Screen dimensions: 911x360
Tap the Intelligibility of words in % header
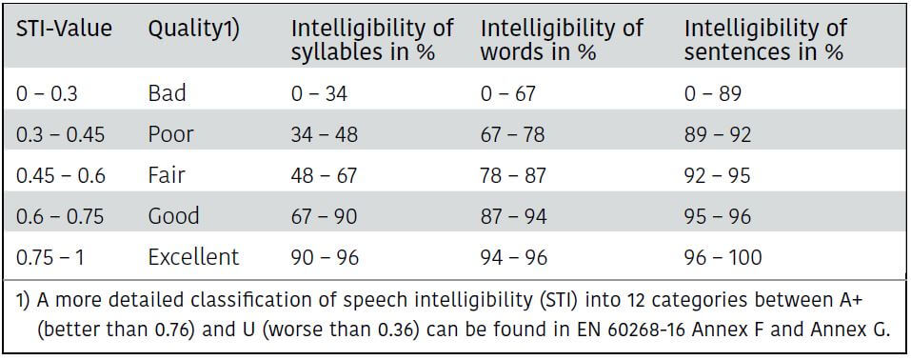(562, 40)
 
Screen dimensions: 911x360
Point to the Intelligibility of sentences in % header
(765, 40)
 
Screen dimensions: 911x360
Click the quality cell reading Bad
(168, 93)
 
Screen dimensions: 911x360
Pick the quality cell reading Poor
(170, 135)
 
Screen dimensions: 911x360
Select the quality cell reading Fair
(167, 175)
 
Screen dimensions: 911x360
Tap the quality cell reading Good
(173, 216)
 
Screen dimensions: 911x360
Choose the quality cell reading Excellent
(193, 256)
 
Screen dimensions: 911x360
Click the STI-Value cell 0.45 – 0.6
(61, 175)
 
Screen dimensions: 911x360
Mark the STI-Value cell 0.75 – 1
(50, 257)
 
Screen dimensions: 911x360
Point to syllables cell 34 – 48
(325, 135)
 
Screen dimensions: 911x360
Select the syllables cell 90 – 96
(325, 257)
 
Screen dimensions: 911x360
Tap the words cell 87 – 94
(514, 216)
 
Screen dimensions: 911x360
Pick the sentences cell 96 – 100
(723, 257)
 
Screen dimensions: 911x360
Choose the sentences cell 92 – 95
(718, 175)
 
